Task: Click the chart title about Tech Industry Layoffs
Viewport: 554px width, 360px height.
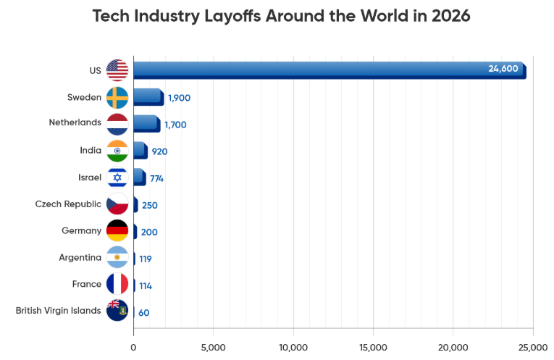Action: click(x=281, y=16)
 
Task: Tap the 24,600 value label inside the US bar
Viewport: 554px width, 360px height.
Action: click(x=503, y=69)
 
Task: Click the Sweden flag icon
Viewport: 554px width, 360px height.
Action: click(x=117, y=97)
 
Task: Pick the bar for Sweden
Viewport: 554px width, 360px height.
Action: click(x=148, y=97)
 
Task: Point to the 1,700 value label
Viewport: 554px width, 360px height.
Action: click(x=175, y=125)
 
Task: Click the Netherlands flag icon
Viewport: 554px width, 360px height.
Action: click(x=117, y=124)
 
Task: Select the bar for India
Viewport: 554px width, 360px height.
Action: click(x=140, y=151)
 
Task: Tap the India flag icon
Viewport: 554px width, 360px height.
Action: click(x=117, y=151)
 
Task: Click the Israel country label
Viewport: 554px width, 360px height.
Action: click(x=90, y=177)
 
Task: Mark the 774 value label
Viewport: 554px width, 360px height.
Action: click(x=157, y=178)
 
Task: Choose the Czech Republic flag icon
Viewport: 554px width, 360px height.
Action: click(x=117, y=204)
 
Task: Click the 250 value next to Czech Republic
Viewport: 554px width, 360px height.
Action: click(x=150, y=205)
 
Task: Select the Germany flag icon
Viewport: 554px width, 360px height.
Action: click(x=117, y=231)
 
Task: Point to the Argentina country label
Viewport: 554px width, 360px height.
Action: click(x=80, y=257)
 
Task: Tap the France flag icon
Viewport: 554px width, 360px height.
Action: click(x=117, y=284)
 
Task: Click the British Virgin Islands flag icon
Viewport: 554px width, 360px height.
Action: click(x=117, y=311)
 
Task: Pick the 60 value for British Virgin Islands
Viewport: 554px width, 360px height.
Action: click(x=144, y=313)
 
